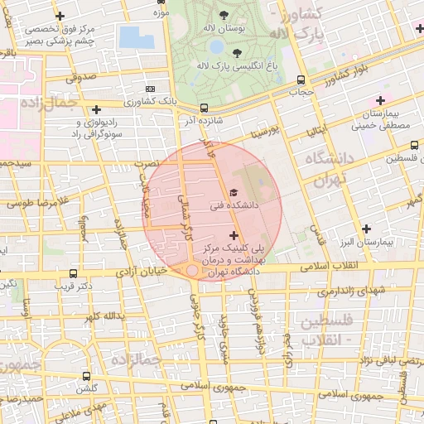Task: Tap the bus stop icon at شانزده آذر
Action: click(204, 107)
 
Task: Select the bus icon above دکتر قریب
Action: click(75, 273)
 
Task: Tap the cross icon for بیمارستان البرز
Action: click(367, 228)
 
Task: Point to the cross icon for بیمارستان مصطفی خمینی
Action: click(380, 99)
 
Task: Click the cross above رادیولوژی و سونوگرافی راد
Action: click(97, 108)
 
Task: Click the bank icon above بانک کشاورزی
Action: click(150, 89)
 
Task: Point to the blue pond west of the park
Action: click(130, 36)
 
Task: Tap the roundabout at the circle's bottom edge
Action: click(192, 271)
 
